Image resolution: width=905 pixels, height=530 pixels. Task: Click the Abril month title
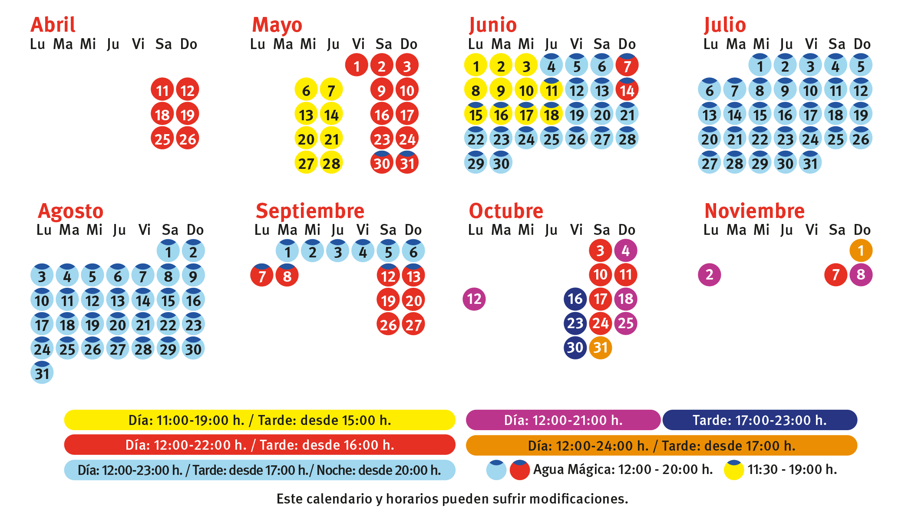pyautogui.click(x=53, y=25)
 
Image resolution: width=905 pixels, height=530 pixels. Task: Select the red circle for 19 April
pyautogui.click(x=188, y=115)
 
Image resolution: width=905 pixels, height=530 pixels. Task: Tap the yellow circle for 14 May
pyautogui.click(x=331, y=115)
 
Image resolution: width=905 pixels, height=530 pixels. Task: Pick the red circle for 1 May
pyautogui.click(x=357, y=66)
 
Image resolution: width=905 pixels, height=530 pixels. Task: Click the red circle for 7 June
pyautogui.click(x=627, y=66)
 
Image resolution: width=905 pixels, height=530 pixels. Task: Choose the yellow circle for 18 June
pyautogui.click(x=552, y=115)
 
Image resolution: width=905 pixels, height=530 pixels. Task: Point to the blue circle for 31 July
pyautogui.click(x=810, y=163)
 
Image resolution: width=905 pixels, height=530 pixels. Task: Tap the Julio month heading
pyautogui.click(x=725, y=25)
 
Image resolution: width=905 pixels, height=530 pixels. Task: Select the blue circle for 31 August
pyautogui.click(x=42, y=373)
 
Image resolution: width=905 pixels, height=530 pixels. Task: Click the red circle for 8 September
pyautogui.click(x=287, y=276)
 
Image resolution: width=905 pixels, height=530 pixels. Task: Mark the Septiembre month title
pyautogui.click(x=310, y=211)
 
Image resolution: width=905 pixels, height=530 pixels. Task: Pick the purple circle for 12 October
pyautogui.click(x=474, y=299)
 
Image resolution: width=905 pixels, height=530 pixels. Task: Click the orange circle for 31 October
pyautogui.click(x=601, y=347)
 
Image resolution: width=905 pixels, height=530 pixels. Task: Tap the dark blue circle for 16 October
pyautogui.click(x=575, y=299)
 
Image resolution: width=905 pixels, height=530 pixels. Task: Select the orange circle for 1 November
pyautogui.click(x=861, y=250)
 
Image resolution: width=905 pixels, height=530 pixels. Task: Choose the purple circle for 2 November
pyautogui.click(x=710, y=274)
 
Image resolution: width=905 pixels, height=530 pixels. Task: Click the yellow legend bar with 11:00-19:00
pyautogui.click(x=260, y=420)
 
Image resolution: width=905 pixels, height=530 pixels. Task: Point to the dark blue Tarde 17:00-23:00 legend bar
pyautogui.click(x=760, y=420)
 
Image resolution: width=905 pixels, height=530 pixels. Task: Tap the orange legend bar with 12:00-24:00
pyautogui.click(x=661, y=445)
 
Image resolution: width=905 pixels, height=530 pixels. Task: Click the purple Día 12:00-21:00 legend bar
pyautogui.click(x=563, y=420)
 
